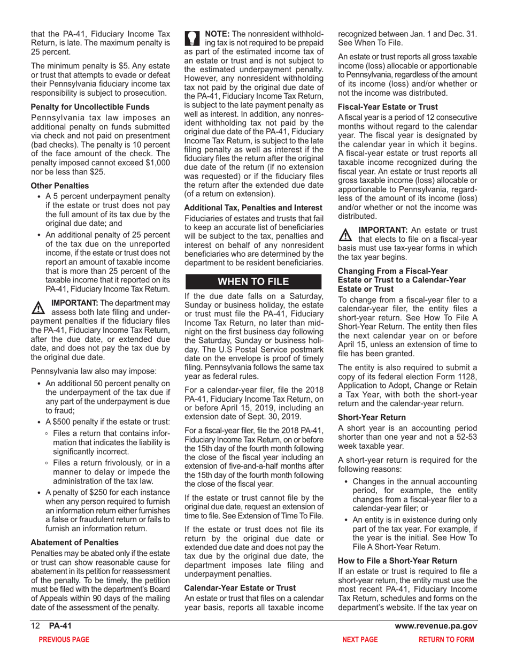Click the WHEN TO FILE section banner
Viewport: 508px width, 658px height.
coord(252,282)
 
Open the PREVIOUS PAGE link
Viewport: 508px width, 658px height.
coord(60,639)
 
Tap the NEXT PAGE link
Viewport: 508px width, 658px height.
coord(360,639)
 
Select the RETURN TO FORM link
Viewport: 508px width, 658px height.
coord(446,639)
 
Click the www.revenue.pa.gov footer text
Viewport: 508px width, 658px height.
coord(436,626)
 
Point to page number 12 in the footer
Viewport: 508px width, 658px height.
coord(35,626)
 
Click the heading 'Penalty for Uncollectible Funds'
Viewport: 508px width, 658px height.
coord(90,107)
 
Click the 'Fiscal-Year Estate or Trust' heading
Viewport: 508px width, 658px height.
coord(388,107)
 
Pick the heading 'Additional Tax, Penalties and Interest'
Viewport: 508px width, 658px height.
coord(253,207)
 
